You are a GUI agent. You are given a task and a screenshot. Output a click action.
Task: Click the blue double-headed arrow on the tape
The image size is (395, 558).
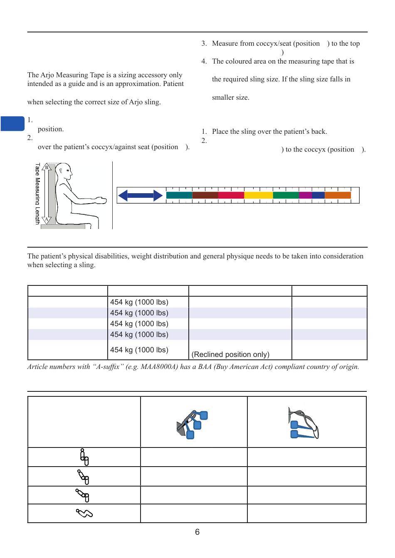tap(140, 195)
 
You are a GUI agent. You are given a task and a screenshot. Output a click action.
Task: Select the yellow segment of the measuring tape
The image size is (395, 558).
tap(258, 195)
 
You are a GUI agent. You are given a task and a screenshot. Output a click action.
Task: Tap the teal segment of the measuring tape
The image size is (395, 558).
tap(179, 195)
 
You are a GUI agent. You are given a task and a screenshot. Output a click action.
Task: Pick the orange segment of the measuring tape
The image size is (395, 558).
tap(338, 195)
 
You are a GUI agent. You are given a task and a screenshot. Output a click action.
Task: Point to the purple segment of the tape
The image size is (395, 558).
tap(305, 195)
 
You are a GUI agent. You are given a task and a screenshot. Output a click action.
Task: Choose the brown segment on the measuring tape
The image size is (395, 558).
tap(205, 195)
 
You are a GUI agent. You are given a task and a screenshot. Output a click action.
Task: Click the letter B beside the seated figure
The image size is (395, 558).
tap(47, 167)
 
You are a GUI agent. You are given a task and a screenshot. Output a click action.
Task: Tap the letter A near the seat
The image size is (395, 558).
tap(47, 219)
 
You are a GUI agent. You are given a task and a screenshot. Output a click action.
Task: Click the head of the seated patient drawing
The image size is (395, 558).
tap(64, 170)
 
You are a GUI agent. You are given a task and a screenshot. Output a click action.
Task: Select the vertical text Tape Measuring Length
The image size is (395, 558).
tap(37, 194)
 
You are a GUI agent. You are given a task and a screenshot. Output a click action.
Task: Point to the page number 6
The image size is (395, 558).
tap(197, 532)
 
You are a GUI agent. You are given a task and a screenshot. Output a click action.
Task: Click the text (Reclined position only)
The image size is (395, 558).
tap(230, 354)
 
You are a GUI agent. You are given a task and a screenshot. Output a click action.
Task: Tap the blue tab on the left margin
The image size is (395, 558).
tap(12, 124)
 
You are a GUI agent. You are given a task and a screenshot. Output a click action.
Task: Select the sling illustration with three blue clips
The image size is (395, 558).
tap(192, 424)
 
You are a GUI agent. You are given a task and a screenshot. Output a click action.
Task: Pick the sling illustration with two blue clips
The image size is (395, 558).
tap(304, 424)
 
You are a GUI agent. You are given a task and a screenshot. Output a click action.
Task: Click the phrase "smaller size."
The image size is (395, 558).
tap(231, 98)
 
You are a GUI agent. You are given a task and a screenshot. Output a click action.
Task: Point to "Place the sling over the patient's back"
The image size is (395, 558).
tap(269, 132)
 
